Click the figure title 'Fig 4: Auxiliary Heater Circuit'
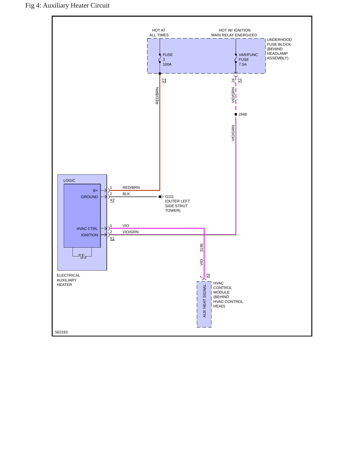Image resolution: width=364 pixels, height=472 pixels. pos(67,6)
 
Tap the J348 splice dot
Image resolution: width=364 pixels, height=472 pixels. pos(236,114)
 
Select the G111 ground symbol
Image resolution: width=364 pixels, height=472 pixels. pos(161,197)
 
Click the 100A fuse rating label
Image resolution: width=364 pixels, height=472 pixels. pos(167,64)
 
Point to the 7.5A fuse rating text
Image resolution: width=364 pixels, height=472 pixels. pos(243,64)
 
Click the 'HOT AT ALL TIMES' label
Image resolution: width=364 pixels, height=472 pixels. pos(159,33)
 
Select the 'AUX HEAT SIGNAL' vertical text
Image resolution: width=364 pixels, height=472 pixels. pos(205,301)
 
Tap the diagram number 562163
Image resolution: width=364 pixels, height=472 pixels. pos(61,332)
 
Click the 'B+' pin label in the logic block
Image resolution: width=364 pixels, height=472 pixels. pos(95,191)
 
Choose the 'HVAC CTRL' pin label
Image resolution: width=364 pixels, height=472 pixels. pos(87,229)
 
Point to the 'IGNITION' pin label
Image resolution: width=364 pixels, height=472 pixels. pos(89,235)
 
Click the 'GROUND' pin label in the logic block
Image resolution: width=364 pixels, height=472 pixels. pos(89,197)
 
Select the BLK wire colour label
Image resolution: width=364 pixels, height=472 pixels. pos(126,194)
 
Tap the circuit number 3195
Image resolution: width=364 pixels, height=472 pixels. pos(202,248)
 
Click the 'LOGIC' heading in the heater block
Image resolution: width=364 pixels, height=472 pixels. pos(69,180)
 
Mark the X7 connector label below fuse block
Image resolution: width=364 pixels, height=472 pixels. pos(164,81)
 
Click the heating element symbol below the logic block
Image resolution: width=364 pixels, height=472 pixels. pos(82,253)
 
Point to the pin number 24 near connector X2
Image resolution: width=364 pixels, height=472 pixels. pos(233,81)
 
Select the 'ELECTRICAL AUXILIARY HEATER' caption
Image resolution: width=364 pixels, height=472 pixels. pos(68,280)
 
